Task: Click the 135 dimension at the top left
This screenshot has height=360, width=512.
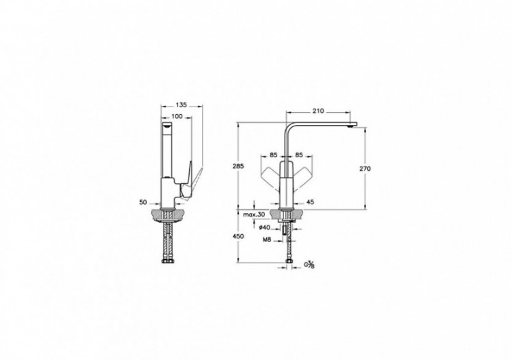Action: [x=182, y=105]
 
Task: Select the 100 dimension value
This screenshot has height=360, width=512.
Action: [x=176, y=117]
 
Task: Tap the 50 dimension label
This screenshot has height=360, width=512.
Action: [x=143, y=202]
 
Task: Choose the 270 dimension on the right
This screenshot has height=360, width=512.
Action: [x=365, y=168]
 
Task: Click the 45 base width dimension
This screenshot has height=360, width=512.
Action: [x=310, y=202]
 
